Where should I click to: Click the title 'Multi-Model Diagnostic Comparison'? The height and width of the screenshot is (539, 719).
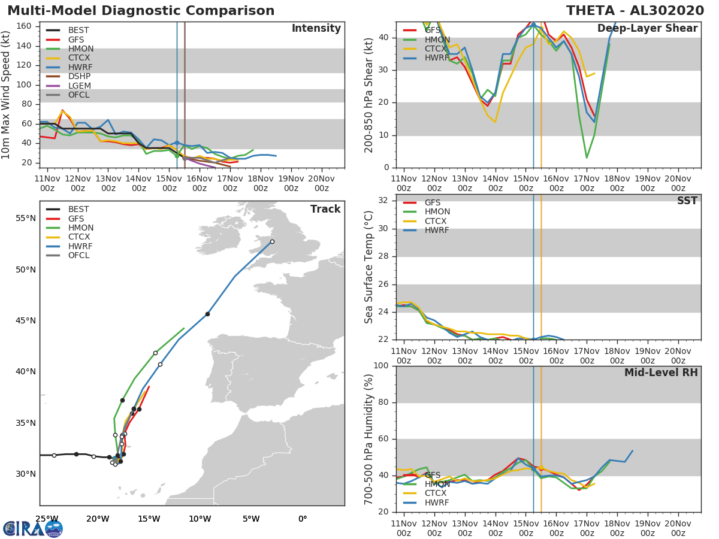[141, 11]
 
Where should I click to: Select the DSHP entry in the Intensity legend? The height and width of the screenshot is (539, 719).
[79, 77]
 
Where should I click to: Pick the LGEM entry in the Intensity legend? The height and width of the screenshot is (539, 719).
[79, 86]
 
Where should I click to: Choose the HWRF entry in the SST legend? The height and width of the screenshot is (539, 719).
[437, 231]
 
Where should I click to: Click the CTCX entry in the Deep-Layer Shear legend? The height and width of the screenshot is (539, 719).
[437, 49]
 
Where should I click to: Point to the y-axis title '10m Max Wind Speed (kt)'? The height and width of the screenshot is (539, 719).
[7, 95]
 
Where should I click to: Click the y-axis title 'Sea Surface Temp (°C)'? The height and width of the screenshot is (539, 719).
[369, 267]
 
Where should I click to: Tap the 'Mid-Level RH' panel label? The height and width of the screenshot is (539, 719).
[661, 373]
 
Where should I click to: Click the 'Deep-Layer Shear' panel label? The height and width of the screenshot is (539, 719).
[647, 29]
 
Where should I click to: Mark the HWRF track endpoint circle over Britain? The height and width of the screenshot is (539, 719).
[272, 242]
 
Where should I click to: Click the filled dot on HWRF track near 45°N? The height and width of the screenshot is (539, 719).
[207, 314]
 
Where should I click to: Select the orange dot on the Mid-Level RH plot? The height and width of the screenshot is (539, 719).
[541, 468]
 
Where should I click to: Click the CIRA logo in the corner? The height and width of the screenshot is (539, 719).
[33, 528]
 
